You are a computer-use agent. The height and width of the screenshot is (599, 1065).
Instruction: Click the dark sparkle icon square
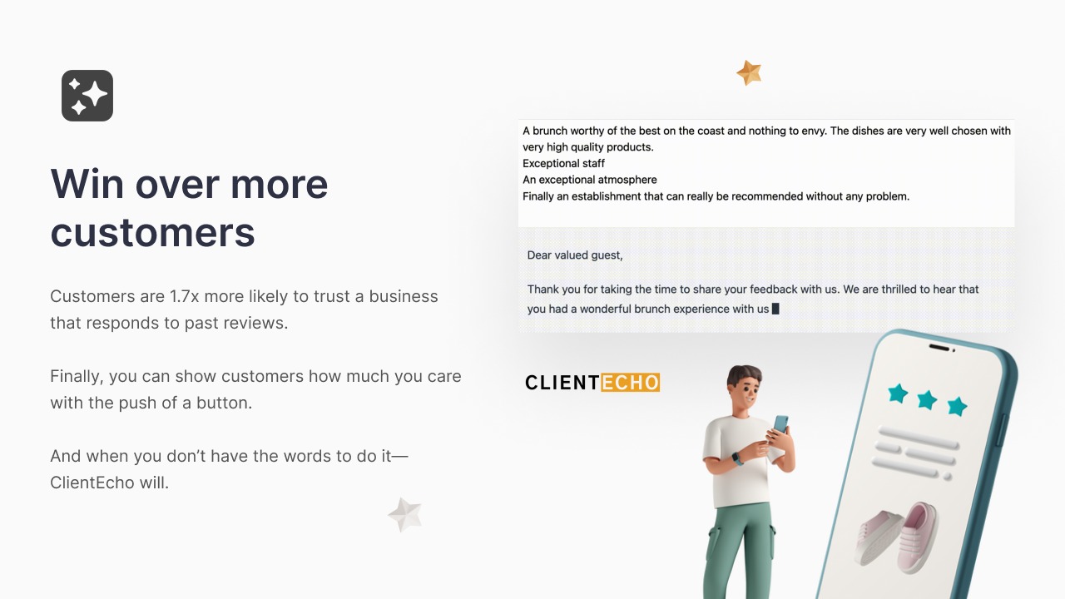pyautogui.click(x=87, y=96)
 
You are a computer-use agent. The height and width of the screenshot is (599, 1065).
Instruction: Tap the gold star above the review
pyautogui.click(x=750, y=72)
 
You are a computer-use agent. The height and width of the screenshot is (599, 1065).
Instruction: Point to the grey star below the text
pyautogui.click(x=405, y=514)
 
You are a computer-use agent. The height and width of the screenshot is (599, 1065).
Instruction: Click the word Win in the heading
pyautogui.click(x=87, y=184)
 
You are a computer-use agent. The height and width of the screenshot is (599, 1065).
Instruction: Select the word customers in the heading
pyautogui.click(x=152, y=232)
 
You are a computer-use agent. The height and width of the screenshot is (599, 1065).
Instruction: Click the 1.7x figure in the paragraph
pyautogui.click(x=185, y=296)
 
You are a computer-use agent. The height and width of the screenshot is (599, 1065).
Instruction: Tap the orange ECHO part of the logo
pyautogui.click(x=631, y=382)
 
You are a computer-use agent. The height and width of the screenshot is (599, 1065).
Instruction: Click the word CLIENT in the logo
pyautogui.click(x=562, y=382)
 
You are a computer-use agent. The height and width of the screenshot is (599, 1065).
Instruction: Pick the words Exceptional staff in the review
pyautogui.click(x=563, y=164)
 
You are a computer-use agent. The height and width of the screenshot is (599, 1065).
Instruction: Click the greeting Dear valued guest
pyautogui.click(x=575, y=255)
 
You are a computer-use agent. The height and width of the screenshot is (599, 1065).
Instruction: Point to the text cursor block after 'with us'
pyautogui.click(x=775, y=309)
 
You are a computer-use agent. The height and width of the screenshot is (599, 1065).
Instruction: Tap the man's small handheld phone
pyautogui.click(x=780, y=424)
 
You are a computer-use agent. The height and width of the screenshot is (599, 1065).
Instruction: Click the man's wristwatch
pyautogui.click(x=737, y=459)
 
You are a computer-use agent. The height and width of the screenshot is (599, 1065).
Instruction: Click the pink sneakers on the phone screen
pyautogui.click(x=897, y=538)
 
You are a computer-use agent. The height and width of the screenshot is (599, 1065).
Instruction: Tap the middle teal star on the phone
pyautogui.click(x=927, y=400)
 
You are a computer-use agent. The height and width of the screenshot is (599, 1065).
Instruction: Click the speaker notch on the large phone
pyautogui.click(x=941, y=348)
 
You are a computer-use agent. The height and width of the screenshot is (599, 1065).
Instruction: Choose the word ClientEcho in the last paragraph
pyautogui.click(x=92, y=483)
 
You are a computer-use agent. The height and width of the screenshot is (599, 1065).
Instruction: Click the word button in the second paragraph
pyautogui.click(x=224, y=403)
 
